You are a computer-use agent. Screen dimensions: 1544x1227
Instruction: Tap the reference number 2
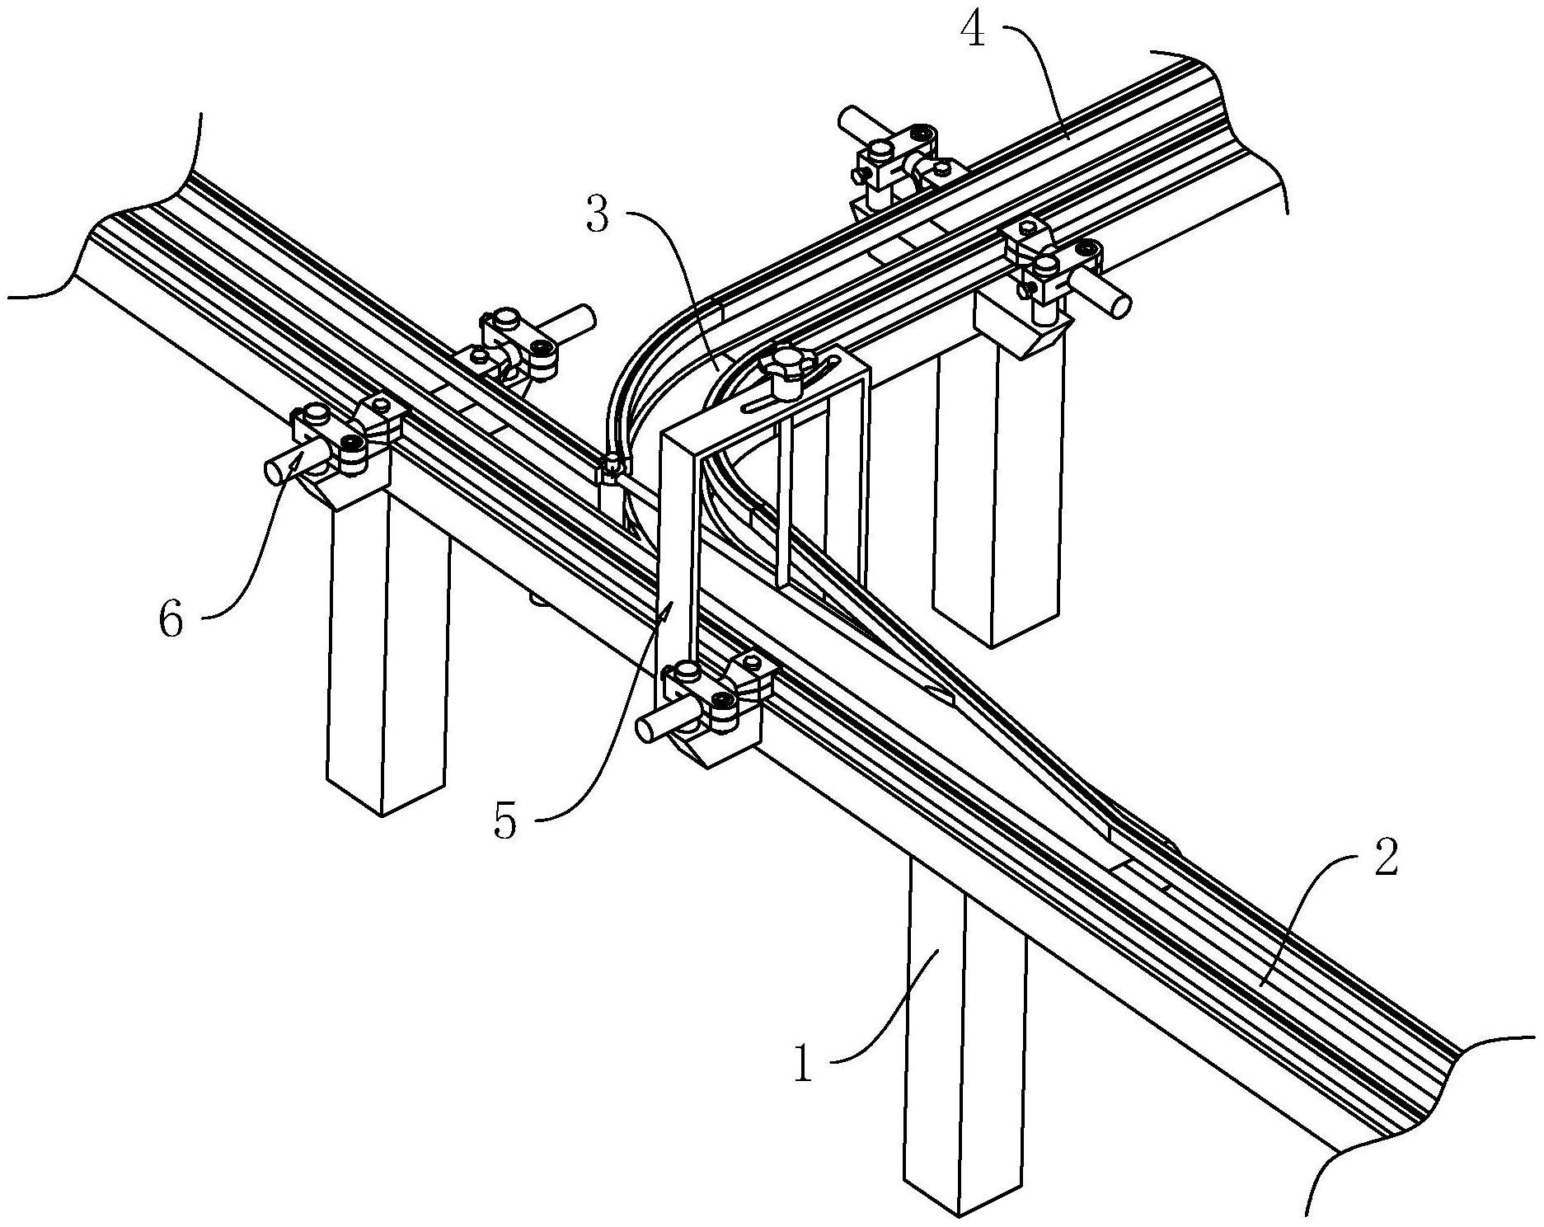[1384, 858]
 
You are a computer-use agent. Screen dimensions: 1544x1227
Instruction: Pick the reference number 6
[171, 618]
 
